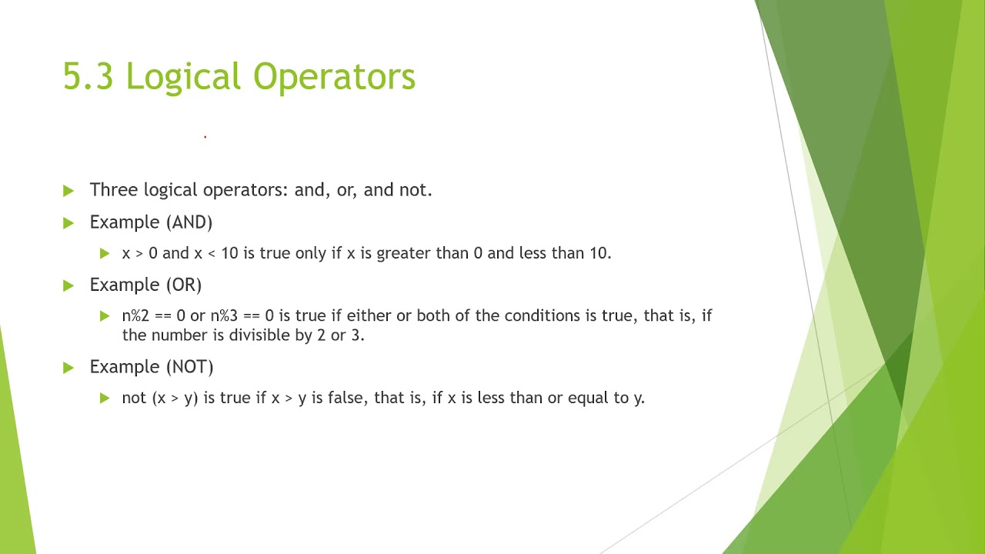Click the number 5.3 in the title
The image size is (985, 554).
88,77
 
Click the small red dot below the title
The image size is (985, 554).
205,136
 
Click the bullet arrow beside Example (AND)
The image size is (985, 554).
68,223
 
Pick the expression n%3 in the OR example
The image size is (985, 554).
224,315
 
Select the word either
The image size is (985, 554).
369,315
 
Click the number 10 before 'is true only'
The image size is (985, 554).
229,253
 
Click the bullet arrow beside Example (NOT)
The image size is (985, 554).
68,368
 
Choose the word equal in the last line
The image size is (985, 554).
588,399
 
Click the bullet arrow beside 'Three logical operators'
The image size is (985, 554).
68,191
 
